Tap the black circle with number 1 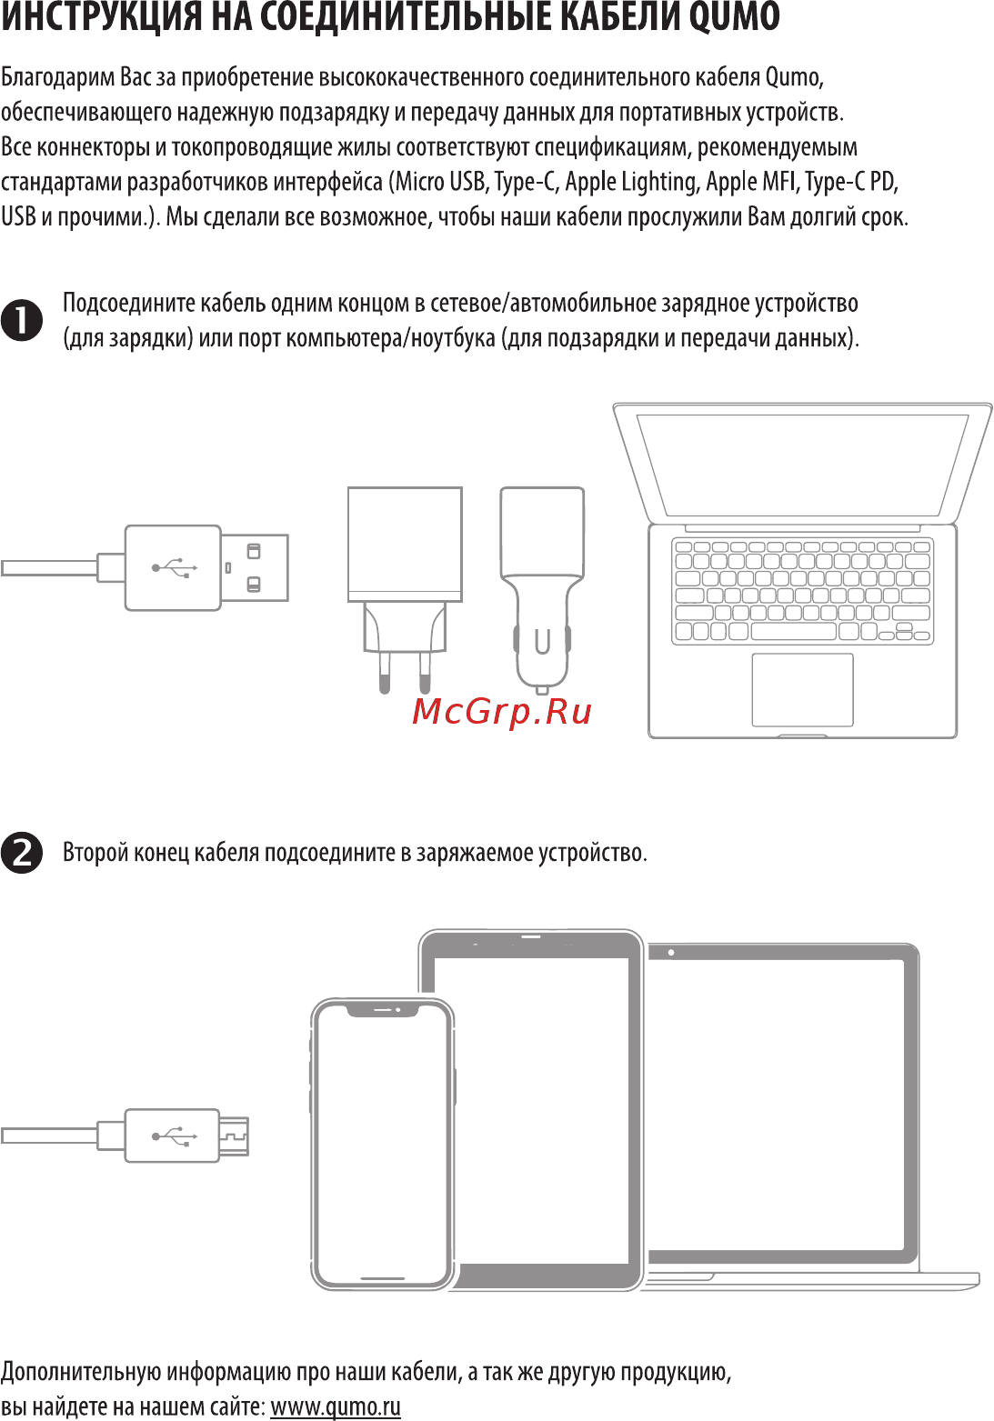[22, 321]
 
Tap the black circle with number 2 [22, 853]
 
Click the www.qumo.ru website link [336, 1406]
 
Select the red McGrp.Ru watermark [502, 711]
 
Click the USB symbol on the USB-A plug [174, 567]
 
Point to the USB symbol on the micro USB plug [174, 1136]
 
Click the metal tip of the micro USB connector [234, 1136]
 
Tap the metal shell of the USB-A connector [255, 567]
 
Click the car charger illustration [542, 582]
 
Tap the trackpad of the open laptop [802, 689]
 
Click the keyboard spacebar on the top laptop [793, 631]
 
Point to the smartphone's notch [383, 1010]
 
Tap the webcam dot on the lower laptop [671, 953]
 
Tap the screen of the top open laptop [802, 464]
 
